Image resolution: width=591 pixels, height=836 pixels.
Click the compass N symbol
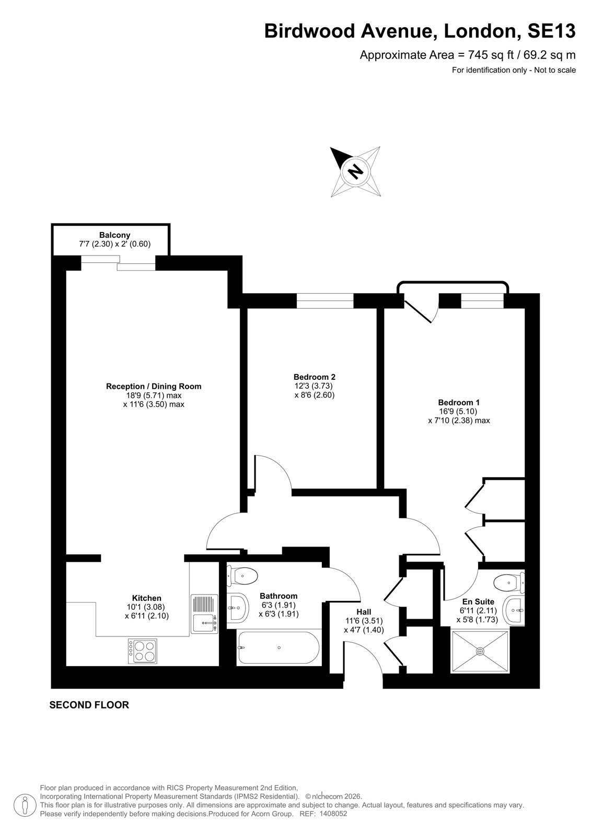click(355, 172)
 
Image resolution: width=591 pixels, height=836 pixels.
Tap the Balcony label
click(114, 235)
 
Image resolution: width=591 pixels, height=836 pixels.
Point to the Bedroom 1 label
click(459, 402)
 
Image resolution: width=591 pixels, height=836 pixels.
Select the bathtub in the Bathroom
click(278, 647)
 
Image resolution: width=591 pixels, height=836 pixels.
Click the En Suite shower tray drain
click(480, 651)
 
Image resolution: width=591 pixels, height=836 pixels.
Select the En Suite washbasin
click(514, 610)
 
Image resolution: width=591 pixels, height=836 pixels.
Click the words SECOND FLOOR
click(89, 705)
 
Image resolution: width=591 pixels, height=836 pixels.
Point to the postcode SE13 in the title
click(551, 31)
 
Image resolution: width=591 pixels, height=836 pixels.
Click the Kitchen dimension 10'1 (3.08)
click(146, 607)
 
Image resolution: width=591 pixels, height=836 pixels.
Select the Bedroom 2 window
click(325, 301)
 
